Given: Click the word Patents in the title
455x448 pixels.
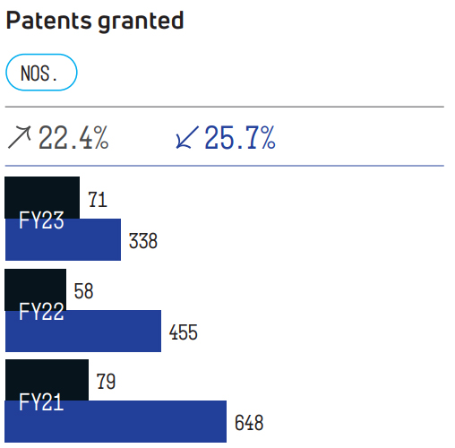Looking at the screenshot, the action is point(48,21).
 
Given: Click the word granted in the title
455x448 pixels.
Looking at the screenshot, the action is point(141,22).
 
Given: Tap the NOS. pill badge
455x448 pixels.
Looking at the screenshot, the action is point(41,73).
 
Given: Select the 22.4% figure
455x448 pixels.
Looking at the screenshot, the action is point(73,137).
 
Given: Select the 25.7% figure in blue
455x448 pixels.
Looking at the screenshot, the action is point(240,137).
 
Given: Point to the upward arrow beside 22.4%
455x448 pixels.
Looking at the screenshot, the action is point(19,137).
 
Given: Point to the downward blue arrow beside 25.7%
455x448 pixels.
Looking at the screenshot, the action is point(187,137).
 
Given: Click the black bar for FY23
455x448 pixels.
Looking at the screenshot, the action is point(42,198).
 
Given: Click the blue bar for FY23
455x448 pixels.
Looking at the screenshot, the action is point(63,239).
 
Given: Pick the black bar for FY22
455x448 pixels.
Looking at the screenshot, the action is point(36,289).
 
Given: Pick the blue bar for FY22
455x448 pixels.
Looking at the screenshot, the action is point(83,331).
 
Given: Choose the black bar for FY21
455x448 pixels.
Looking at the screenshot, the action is point(47,380).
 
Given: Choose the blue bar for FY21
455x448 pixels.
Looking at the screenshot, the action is point(116,421).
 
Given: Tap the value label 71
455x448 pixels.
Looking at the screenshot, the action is point(98,200).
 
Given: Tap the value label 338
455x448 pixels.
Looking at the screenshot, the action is point(143,241).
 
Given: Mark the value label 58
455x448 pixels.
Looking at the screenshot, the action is point(83,291).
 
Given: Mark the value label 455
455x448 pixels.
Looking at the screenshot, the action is point(184,332).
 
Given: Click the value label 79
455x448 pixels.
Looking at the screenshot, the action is point(106,382).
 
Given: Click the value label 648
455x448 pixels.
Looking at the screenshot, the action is point(249,423).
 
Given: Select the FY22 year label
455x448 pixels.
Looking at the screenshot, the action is point(41,311).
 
